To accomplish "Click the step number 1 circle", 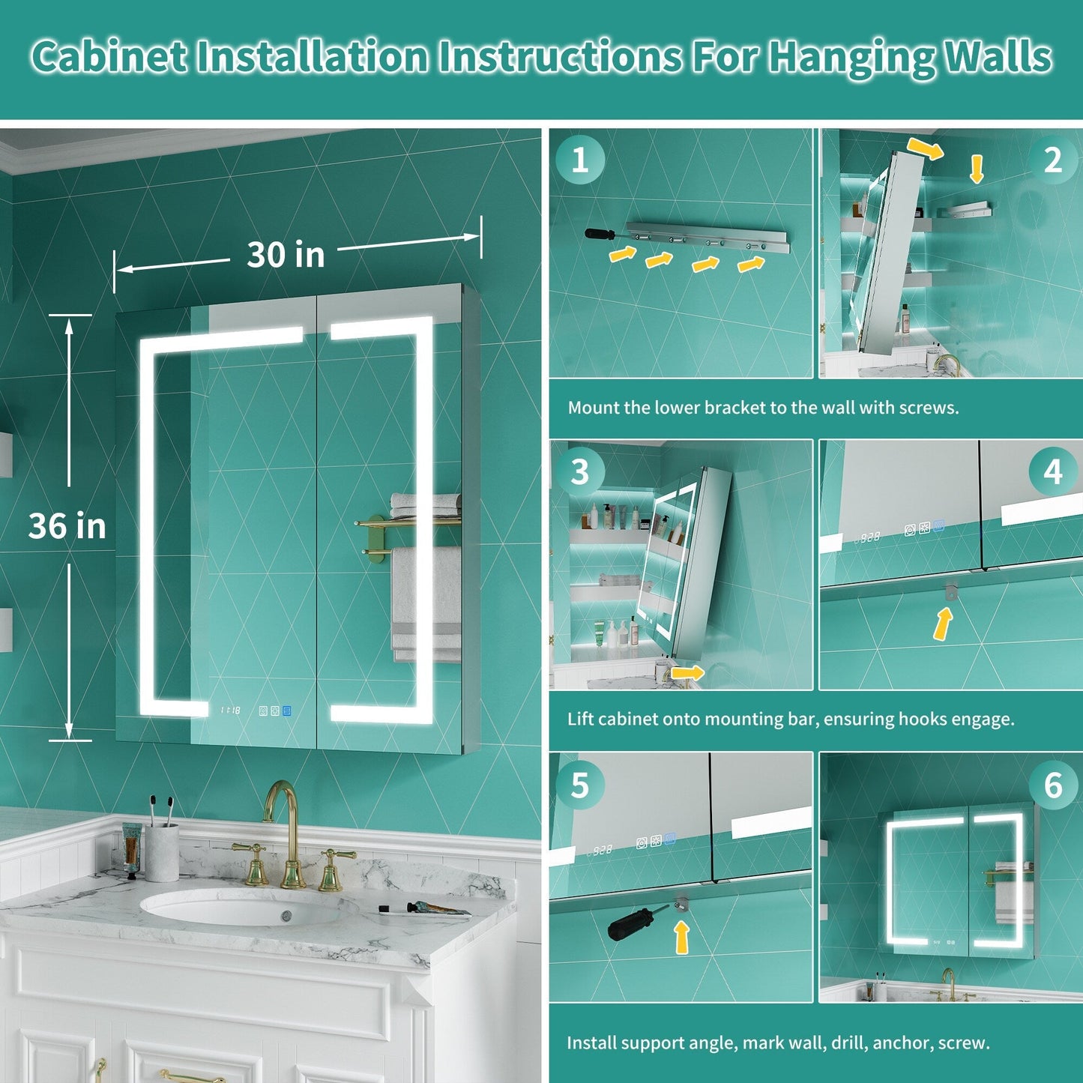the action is pyautogui.click(x=580, y=160).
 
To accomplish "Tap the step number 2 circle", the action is pyautogui.click(x=1053, y=160).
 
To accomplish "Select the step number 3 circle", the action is pyautogui.click(x=580, y=472).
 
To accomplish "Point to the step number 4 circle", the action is pyautogui.click(x=1053, y=472).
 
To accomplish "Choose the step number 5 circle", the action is pyautogui.click(x=580, y=785).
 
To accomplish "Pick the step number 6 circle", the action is pyautogui.click(x=1053, y=785).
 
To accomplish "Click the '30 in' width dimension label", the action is pyautogui.click(x=286, y=255).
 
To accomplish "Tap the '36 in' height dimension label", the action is pyautogui.click(x=67, y=526).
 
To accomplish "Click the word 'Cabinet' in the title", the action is pyautogui.click(x=109, y=57).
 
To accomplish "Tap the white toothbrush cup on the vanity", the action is pyautogui.click(x=162, y=851).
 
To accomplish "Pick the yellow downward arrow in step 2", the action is pyautogui.click(x=977, y=169).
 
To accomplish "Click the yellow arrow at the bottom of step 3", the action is pyautogui.click(x=687, y=672).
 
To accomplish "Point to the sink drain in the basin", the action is pyautogui.click(x=286, y=917).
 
